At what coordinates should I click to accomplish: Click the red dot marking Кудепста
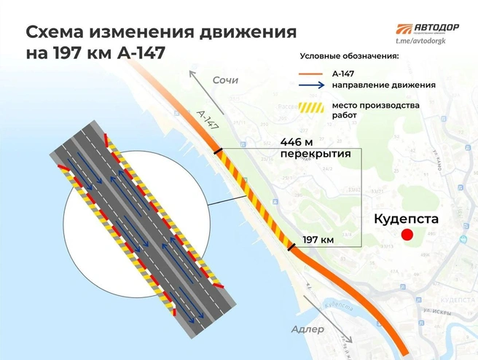point(407,234)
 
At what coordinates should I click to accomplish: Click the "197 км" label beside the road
point(317,240)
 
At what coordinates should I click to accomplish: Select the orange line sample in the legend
point(311,74)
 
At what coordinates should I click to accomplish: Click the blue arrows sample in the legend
point(311,86)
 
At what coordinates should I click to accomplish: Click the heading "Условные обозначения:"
point(348,58)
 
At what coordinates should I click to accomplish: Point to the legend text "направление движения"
point(383,86)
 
